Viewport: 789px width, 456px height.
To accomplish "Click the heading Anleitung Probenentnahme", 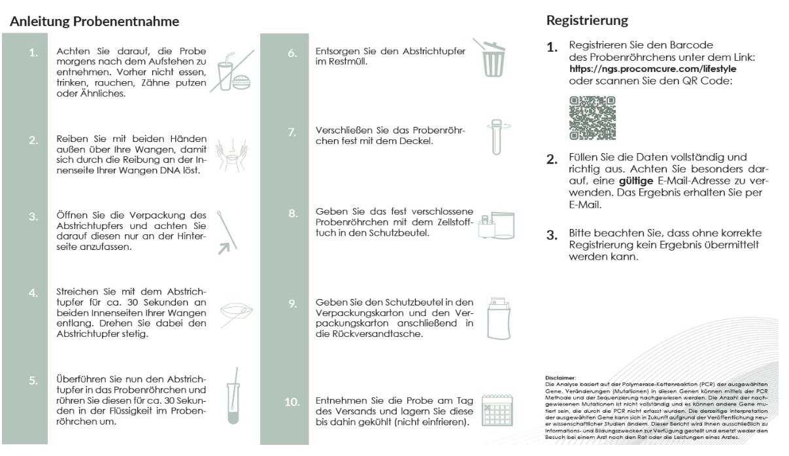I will [93, 21].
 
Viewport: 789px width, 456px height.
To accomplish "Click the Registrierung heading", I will [587, 20].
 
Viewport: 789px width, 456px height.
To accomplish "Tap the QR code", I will [592, 118].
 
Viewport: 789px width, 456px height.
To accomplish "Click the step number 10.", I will [292, 402].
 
